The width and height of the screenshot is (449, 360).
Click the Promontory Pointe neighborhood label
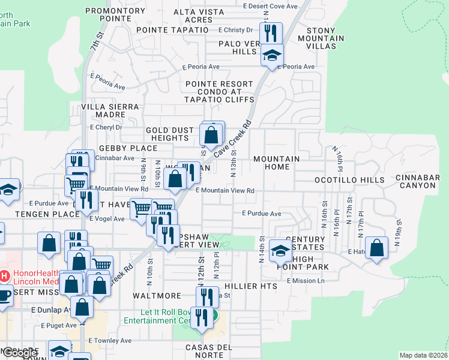(x=116, y=14)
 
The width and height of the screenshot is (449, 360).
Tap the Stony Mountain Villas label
(x=325, y=38)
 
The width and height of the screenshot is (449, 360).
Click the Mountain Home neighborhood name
(x=277, y=163)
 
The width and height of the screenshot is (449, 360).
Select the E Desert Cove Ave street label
(x=270, y=6)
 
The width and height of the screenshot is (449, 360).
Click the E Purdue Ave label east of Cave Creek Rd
(x=262, y=214)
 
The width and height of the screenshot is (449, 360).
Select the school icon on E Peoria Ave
(x=272, y=56)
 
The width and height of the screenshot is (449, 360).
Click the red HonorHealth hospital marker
(x=4, y=277)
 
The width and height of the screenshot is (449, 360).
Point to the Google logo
(x=20, y=353)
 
